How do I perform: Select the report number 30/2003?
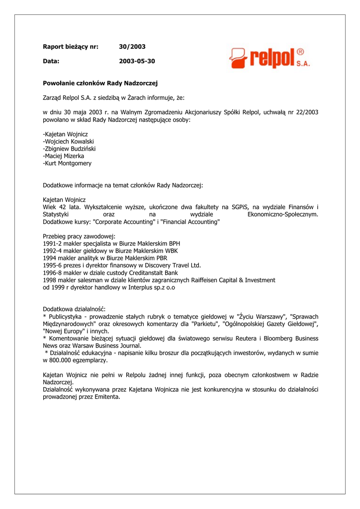[132, 47]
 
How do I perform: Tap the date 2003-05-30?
[137, 61]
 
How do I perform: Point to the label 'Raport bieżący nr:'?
[71, 47]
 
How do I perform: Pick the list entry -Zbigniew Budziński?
[70, 149]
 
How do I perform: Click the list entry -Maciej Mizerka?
[64, 156]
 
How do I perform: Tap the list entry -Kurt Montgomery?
[67, 163]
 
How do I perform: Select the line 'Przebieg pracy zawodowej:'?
[79, 236]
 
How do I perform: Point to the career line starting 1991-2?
[111, 244]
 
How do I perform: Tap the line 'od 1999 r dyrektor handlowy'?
[109, 287]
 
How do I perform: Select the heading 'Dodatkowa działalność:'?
[74, 309]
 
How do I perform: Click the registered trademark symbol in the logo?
[300, 52]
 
